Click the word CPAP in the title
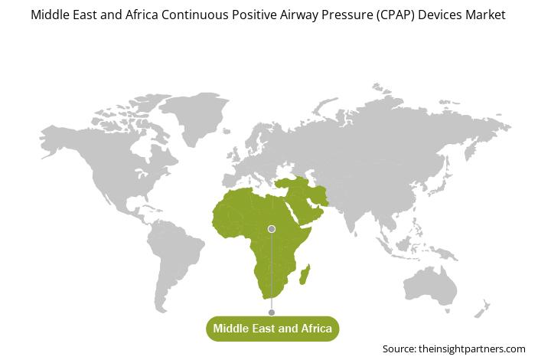(x=396, y=15)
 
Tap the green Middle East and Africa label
(x=272, y=329)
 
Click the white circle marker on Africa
(x=271, y=229)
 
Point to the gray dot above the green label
(x=271, y=313)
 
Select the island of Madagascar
(x=305, y=274)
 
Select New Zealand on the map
(x=481, y=309)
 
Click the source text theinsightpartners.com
(x=472, y=349)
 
